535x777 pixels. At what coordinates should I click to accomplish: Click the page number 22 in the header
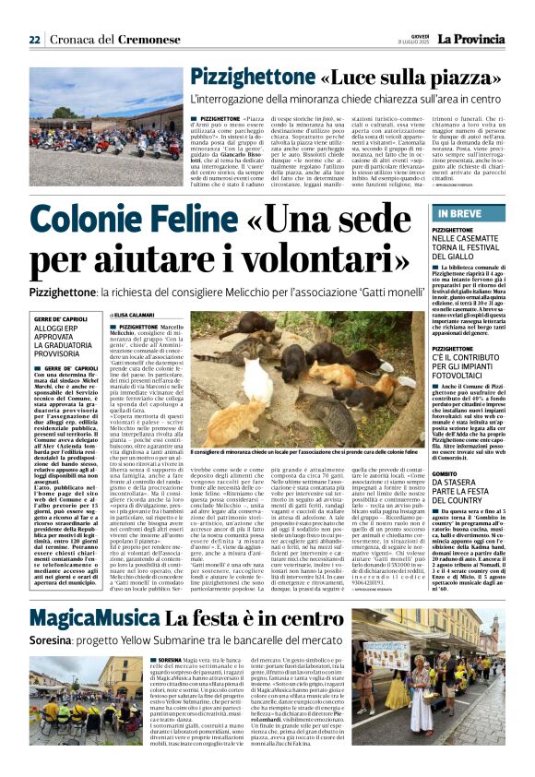(x=34, y=39)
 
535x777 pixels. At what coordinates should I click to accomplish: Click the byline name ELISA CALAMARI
(x=150, y=315)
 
